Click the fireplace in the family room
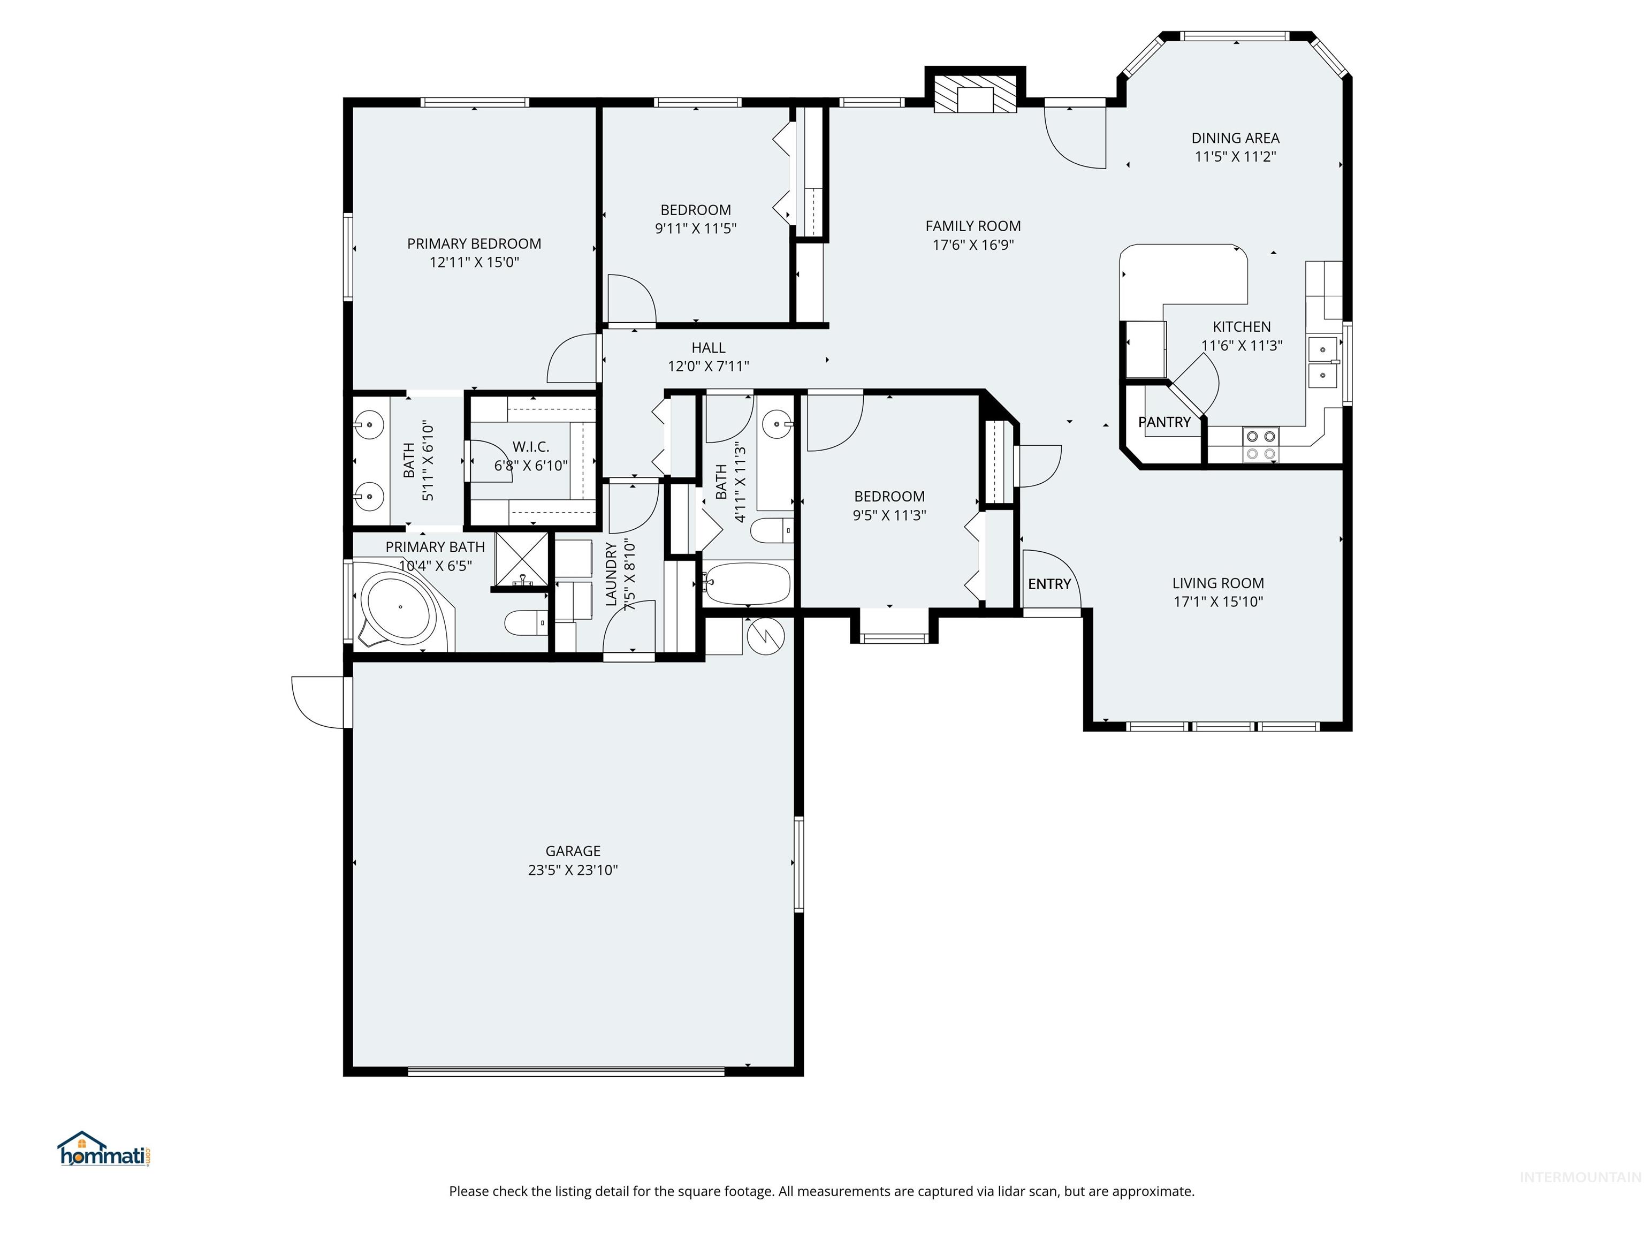pos(975,94)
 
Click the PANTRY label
pos(1164,422)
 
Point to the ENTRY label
pos(1049,584)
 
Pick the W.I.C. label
pos(531,447)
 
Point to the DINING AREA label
pos(1235,138)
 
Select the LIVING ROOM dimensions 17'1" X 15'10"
pos(1217,602)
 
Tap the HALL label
pos(709,348)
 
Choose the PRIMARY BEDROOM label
pos(474,244)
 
